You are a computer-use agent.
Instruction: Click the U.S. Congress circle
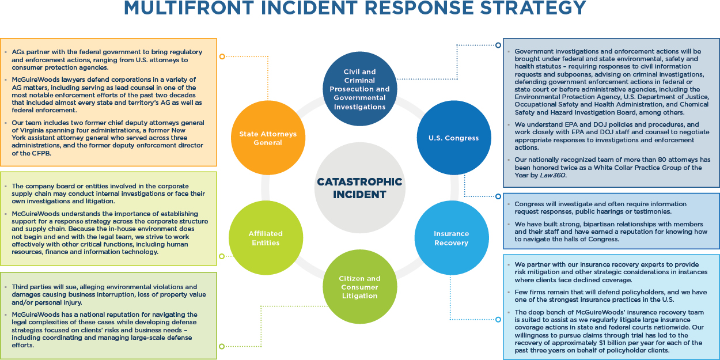(453, 138)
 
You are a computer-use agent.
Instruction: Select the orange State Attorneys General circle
(268, 138)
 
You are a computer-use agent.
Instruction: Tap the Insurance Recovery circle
(452, 238)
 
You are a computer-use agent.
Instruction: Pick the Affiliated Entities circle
(266, 238)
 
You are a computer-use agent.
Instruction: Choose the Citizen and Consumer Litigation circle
(359, 287)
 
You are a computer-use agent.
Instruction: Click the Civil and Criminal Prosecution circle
(359, 89)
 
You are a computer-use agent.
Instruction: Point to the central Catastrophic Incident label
(359, 188)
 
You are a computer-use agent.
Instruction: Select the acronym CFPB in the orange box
(36, 153)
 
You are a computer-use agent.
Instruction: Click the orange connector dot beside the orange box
(222, 56)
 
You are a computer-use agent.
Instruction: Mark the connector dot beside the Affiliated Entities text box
(222, 256)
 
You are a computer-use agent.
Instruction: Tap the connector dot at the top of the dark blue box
(498, 44)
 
